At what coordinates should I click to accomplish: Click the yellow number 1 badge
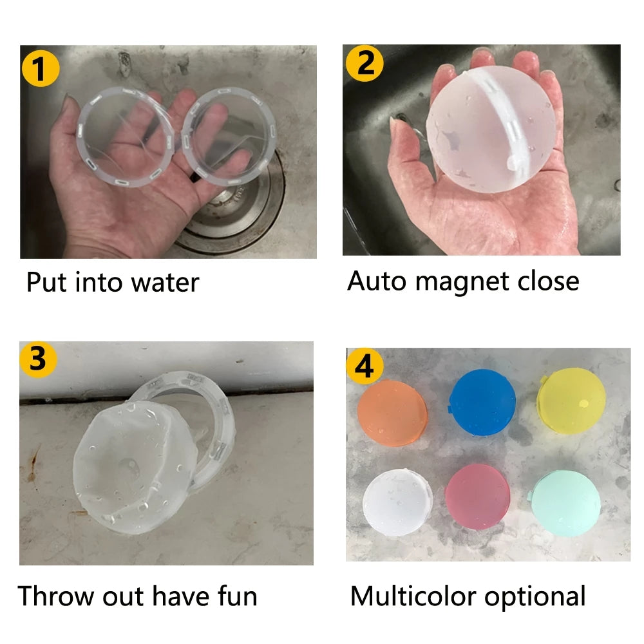pos(40,68)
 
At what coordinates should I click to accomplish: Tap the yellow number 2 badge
pos(365,63)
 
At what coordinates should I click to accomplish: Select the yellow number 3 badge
pos(38,359)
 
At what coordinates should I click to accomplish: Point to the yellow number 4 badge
pos(365,365)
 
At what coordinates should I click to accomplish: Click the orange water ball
pos(392,413)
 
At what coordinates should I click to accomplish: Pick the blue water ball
pos(482,402)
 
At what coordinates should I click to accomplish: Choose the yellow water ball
pos(571,401)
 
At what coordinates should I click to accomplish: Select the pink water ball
pos(478,497)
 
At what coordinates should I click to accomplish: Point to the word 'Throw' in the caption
pos(55,596)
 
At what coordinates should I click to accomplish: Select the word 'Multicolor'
pos(413,596)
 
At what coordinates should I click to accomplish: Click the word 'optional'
pos(535,597)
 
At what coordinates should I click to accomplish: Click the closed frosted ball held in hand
pos(491,129)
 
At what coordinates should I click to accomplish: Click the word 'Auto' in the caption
pos(377,281)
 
